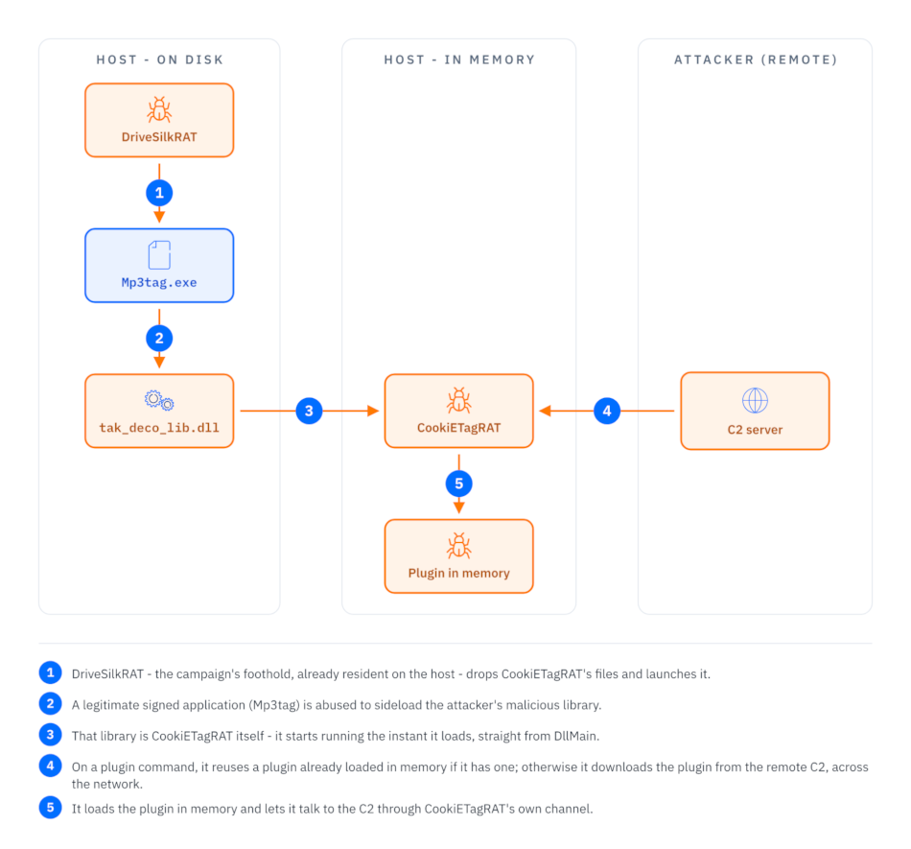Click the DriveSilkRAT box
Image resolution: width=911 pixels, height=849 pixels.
click(x=159, y=120)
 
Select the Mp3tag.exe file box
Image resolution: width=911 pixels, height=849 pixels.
click(x=159, y=266)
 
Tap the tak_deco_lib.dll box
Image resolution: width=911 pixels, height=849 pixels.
click(x=159, y=411)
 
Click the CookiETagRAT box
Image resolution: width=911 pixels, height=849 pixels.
click(x=459, y=411)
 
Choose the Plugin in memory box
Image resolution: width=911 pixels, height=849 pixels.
click(x=459, y=556)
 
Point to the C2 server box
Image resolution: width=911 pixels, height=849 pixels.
click(x=755, y=411)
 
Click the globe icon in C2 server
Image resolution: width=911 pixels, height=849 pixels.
click(x=755, y=400)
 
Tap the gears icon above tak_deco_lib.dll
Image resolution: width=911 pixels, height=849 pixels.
click(x=159, y=400)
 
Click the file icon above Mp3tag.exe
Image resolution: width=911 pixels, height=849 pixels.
click(x=159, y=255)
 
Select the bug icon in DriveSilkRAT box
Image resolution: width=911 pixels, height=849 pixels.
click(x=159, y=109)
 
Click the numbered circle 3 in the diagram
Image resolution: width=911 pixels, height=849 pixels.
click(x=309, y=411)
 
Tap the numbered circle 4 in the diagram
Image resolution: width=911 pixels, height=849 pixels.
click(x=607, y=411)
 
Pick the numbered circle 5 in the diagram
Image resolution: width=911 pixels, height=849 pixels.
click(x=459, y=483)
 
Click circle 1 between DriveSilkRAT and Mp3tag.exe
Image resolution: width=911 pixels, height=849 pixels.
click(x=159, y=193)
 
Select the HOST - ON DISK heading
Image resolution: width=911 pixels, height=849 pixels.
click(x=160, y=59)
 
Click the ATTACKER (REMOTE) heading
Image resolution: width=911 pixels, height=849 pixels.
click(x=756, y=59)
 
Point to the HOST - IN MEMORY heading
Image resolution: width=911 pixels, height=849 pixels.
click(x=459, y=59)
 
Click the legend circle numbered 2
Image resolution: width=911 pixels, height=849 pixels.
click(x=51, y=704)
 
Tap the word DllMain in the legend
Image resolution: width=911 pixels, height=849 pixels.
click(x=574, y=736)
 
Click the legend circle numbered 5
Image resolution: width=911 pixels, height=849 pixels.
click(x=51, y=807)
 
